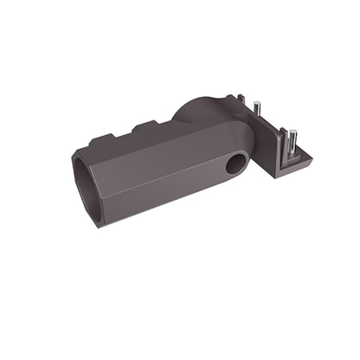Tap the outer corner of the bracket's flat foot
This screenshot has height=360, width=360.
312,157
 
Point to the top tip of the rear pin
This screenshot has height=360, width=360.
257,106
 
